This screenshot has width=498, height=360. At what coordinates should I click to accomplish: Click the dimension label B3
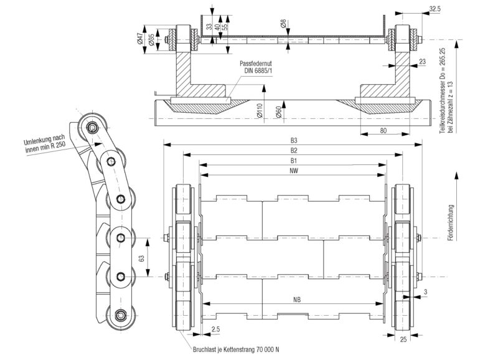click(293, 140)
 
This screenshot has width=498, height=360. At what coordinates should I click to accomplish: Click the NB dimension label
click(298, 300)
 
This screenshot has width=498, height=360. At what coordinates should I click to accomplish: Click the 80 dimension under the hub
click(385, 130)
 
